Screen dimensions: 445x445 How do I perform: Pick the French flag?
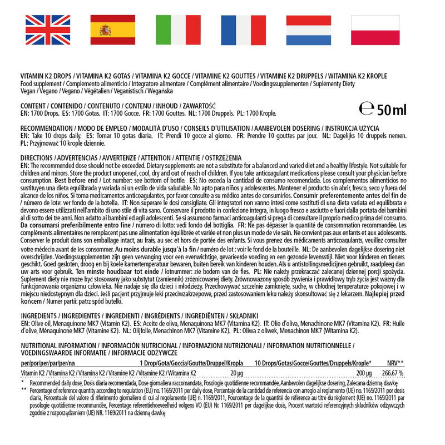(244, 30)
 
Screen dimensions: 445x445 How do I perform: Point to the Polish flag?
(375, 30)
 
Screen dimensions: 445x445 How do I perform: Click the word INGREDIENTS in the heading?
(41, 315)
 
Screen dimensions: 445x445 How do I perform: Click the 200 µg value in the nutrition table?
(363, 373)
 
